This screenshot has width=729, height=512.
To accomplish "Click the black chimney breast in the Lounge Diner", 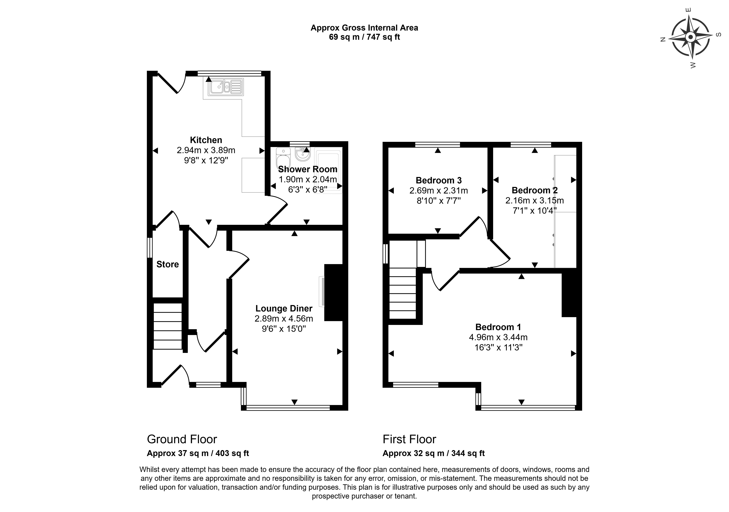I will click(333, 292).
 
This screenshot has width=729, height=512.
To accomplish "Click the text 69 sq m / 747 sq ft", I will click(364, 37).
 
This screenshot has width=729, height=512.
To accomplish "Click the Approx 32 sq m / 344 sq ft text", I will click(433, 453).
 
